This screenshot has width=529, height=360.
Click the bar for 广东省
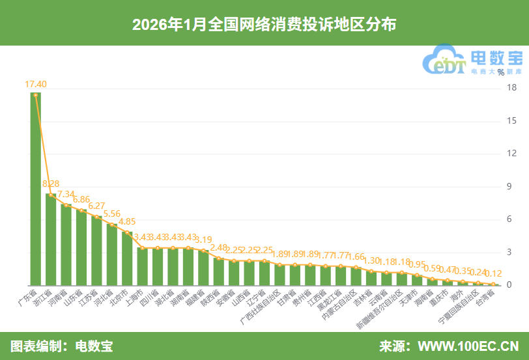coord(35,189)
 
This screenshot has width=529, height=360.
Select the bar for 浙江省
coord(51,239)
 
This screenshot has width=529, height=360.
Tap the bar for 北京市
coord(127,258)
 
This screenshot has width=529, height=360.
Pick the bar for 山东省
coord(81,247)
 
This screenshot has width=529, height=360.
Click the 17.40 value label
coord(35,84)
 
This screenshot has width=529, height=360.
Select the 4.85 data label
coord(128,221)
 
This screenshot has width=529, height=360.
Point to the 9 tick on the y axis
coord(513,187)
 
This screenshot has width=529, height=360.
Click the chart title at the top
coord(264,24)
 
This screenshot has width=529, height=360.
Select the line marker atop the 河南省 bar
coord(66,205)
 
